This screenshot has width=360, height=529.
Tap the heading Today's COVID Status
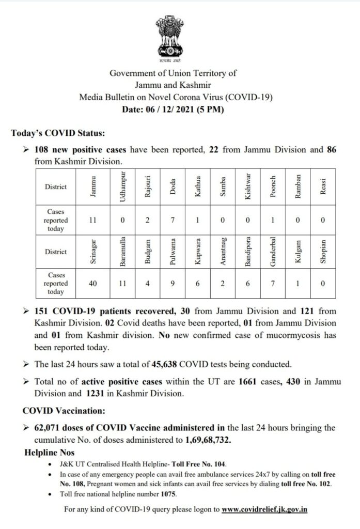click(58, 133)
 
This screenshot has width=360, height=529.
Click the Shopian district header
click(323, 252)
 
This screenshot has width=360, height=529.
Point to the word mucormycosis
click(285, 336)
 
